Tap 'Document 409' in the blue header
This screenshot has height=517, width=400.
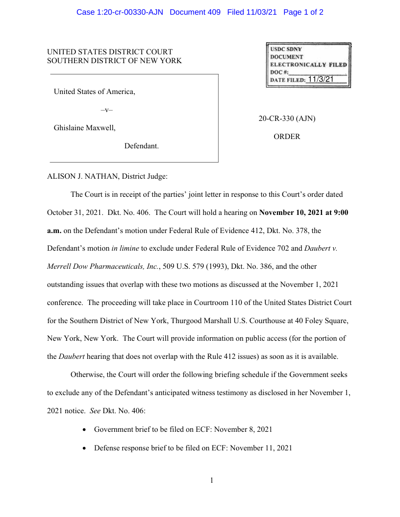pyautogui.click(x=195, y=12)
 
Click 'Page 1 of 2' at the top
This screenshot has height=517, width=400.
pyautogui.click(x=303, y=12)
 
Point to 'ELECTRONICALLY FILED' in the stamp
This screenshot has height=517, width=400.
pyautogui.click(x=308, y=65)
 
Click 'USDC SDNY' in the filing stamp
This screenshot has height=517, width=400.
pyautogui.click(x=286, y=49)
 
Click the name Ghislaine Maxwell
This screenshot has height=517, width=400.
pyautogui.click(x=85, y=128)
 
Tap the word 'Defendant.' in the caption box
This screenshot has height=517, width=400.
pyautogui.click(x=141, y=146)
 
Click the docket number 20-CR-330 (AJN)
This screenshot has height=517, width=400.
pyautogui.click(x=287, y=118)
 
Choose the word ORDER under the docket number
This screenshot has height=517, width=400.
pyautogui.click(x=287, y=137)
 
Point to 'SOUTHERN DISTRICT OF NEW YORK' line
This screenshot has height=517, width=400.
pyautogui.click(x=114, y=61)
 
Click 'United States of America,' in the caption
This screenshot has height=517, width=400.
pyautogui.click(x=95, y=92)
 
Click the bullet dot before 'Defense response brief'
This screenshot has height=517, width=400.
pyautogui.click(x=85, y=448)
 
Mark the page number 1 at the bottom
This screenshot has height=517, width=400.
pyautogui.click(x=212, y=480)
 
